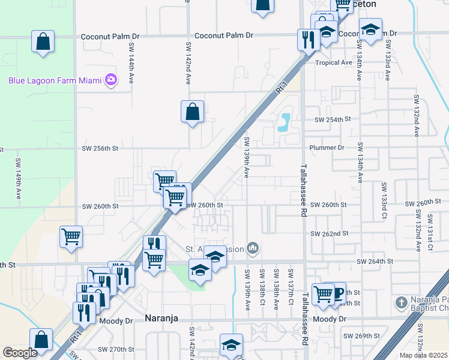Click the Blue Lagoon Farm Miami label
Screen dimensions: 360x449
55,80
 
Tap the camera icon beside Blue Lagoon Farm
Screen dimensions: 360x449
110,80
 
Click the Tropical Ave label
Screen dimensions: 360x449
334,62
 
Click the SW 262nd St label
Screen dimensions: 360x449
330,233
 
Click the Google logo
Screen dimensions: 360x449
20,353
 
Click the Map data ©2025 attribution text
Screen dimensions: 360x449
423,355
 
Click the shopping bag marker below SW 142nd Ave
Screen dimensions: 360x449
192,112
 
